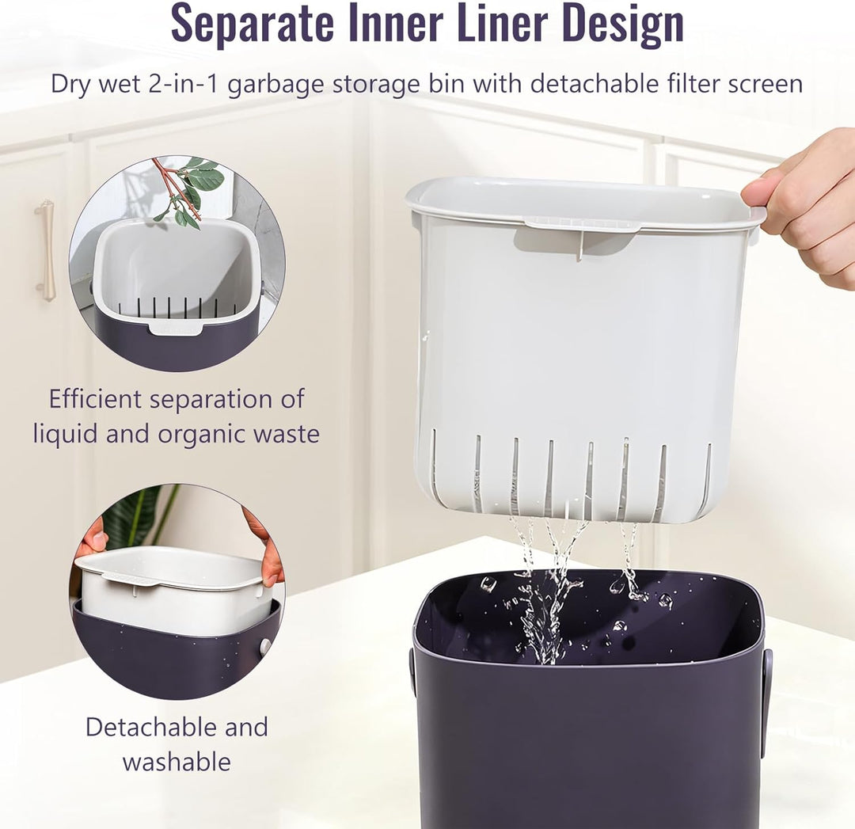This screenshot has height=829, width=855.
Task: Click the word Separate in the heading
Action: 252,22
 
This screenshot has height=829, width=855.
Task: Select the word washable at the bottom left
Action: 177,762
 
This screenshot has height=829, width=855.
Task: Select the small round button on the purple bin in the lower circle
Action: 265,647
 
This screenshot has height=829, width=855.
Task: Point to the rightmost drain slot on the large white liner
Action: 707,473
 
